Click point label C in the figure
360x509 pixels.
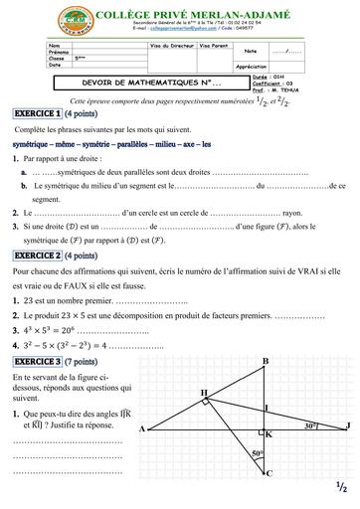(x=269, y=473)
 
